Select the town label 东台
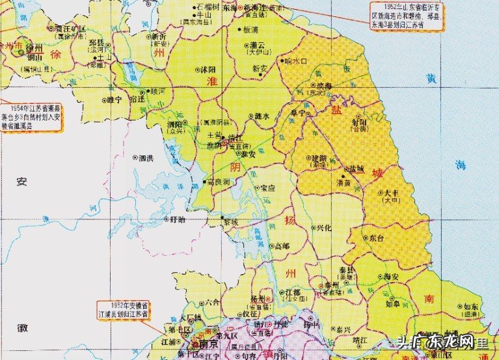(376, 239)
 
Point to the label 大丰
(392, 193)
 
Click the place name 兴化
(323, 228)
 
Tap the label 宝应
(268, 188)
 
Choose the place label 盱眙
(177, 220)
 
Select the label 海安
(390, 277)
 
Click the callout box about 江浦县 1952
(123, 309)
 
